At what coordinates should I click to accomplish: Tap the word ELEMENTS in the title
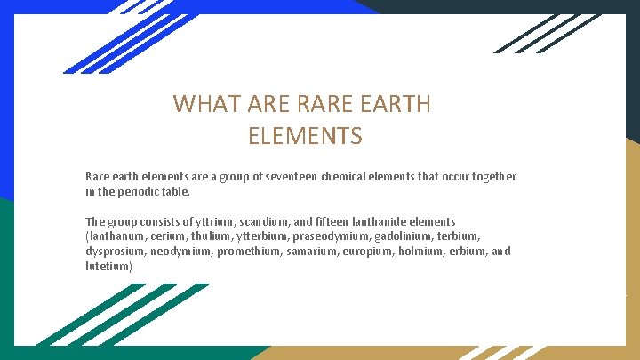pos(305,137)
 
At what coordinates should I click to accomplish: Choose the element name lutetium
pos(108,267)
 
